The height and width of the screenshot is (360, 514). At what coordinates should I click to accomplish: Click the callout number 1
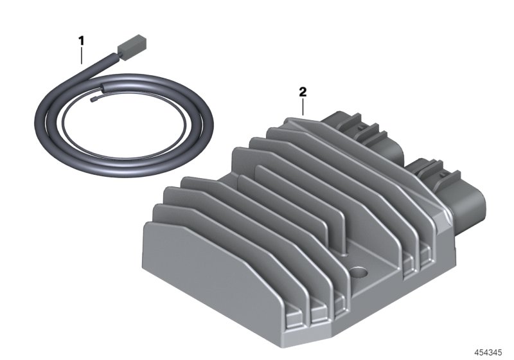(81, 41)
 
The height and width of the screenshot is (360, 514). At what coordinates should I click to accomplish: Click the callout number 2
(303, 92)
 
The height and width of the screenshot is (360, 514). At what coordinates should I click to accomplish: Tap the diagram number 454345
(488, 352)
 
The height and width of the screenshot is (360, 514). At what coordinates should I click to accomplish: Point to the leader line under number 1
(82, 55)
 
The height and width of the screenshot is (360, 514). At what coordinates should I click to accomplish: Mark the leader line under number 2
(303, 107)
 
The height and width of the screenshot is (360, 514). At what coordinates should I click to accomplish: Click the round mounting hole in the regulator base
(359, 272)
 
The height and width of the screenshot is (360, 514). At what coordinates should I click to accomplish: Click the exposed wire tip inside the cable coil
(93, 99)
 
